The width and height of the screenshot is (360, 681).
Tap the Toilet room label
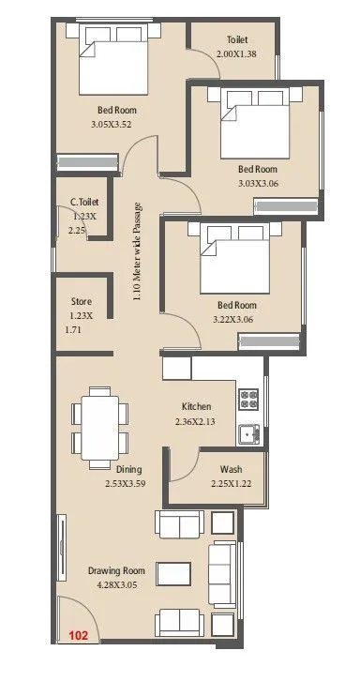(x=237, y=40)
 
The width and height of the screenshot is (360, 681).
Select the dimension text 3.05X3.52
(x=118, y=124)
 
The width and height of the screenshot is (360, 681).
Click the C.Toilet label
(x=84, y=202)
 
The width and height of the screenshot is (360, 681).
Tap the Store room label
(x=82, y=302)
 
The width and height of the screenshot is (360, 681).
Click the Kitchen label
(x=196, y=406)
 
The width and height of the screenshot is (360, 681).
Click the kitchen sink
(x=248, y=432)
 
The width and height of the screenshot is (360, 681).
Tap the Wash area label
(x=232, y=469)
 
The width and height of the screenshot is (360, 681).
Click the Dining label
(x=129, y=469)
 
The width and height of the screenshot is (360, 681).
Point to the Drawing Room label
(x=116, y=570)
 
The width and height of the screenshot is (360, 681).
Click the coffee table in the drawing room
(x=171, y=572)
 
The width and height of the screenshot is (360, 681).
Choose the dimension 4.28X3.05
(x=116, y=585)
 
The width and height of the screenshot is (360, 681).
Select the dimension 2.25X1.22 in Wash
(x=232, y=484)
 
